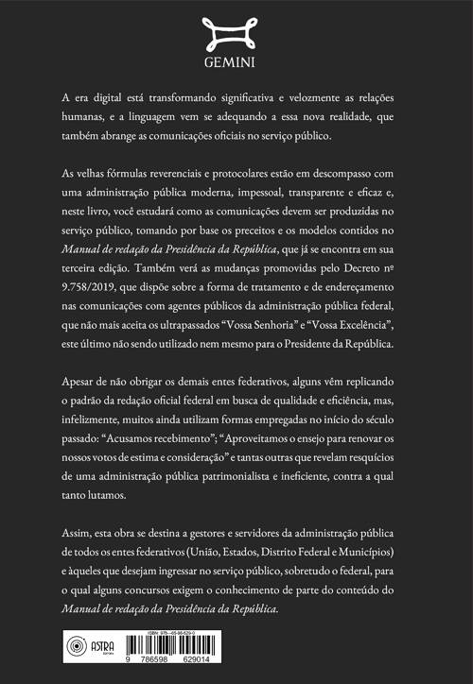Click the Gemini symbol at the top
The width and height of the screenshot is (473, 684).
(x=236, y=32)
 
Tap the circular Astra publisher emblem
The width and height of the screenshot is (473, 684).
(x=74, y=648)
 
